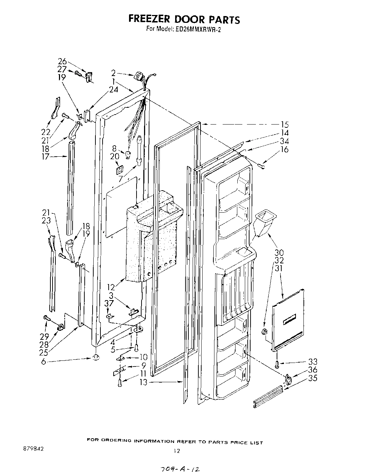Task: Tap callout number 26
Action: (62, 62)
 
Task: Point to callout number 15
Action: (285, 125)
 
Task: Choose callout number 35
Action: (312, 378)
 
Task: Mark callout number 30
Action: (279, 253)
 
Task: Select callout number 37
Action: (109, 303)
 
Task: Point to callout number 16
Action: (285, 149)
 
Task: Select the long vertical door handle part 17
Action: (70, 187)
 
